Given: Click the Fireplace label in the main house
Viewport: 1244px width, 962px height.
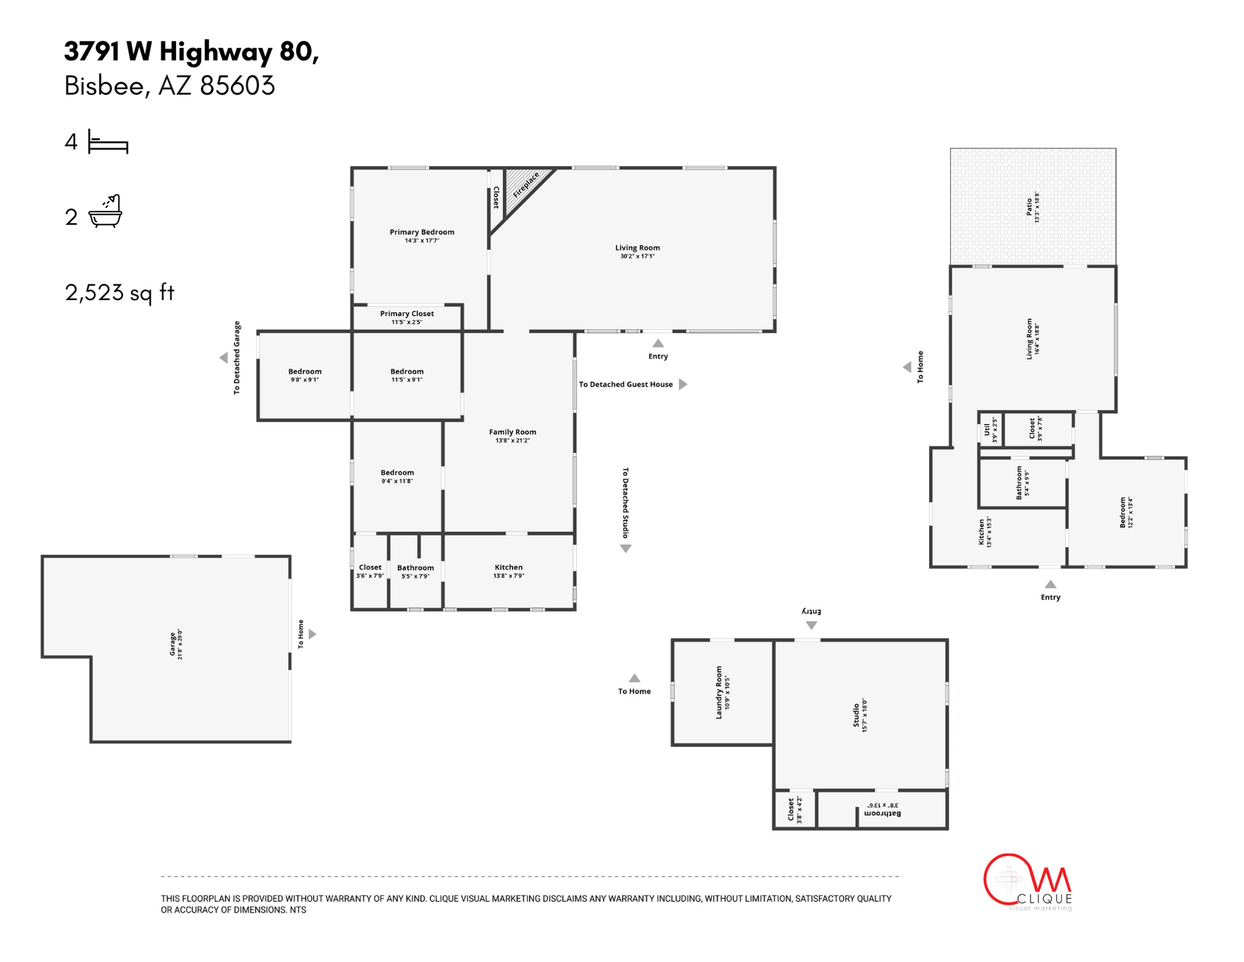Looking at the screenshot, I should coord(525,185).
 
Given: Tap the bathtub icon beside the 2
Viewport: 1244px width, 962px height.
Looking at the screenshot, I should coord(105,212).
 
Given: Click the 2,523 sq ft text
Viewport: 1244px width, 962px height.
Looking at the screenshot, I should coord(120,292).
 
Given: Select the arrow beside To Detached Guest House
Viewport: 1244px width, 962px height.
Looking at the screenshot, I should coord(683,384).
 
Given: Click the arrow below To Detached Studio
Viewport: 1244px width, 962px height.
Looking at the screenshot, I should coord(625,549).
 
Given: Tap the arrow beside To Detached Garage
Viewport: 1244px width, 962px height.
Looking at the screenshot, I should coord(224,358).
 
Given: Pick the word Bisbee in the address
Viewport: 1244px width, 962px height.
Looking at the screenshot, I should coord(104,86).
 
